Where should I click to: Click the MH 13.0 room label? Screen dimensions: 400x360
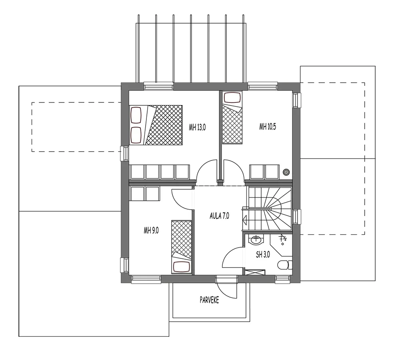197,127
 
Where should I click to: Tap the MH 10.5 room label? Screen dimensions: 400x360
268,126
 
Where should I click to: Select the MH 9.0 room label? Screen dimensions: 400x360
151,231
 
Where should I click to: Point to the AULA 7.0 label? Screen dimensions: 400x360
219,216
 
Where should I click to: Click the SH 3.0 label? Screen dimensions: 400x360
263,254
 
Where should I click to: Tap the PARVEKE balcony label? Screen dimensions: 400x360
210,300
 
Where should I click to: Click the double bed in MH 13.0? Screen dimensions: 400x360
156,125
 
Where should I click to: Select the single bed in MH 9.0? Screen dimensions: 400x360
181,247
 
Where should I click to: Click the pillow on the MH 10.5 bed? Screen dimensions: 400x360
232,98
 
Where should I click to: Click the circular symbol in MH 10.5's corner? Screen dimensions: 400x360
287,172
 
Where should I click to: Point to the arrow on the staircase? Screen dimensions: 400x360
246,220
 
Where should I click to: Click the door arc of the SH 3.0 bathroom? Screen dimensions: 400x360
231,254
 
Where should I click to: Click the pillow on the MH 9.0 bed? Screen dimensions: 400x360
182,267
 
